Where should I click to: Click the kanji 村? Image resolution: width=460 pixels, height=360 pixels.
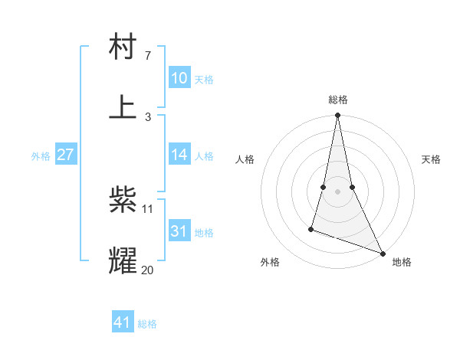coord(123,47)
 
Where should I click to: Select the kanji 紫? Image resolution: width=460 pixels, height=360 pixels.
coord(123,201)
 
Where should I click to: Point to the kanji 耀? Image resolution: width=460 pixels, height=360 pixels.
coord(123,260)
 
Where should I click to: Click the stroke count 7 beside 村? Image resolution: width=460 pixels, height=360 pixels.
coord(147,56)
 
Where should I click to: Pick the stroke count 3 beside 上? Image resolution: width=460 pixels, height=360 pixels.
coord(147,116)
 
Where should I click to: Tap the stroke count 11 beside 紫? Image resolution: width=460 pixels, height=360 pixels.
coord(148,208)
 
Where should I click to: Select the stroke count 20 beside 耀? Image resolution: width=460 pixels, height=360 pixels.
coord(148,269)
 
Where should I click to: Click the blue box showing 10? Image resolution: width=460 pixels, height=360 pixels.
coord(179,78)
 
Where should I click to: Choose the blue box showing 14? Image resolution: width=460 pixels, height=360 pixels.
coord(179,155)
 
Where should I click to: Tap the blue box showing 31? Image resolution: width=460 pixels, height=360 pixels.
coord(179,231)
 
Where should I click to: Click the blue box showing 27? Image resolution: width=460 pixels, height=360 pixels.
coord(65,155)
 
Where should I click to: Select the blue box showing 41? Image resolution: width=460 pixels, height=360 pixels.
coord(123,322)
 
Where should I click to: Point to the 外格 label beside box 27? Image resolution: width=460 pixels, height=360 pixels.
coord(41,156)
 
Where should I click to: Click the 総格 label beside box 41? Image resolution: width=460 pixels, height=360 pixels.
coord(147,324)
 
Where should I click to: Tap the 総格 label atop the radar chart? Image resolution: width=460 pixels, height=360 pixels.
coord(337,100)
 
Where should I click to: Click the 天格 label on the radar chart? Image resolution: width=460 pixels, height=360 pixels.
coord(431,159)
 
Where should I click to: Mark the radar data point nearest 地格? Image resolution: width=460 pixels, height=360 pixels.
coord(382,253)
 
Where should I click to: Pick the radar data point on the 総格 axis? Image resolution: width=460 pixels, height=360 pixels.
coord(337,116)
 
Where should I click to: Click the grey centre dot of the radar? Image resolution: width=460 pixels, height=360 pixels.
coord(337,191)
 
